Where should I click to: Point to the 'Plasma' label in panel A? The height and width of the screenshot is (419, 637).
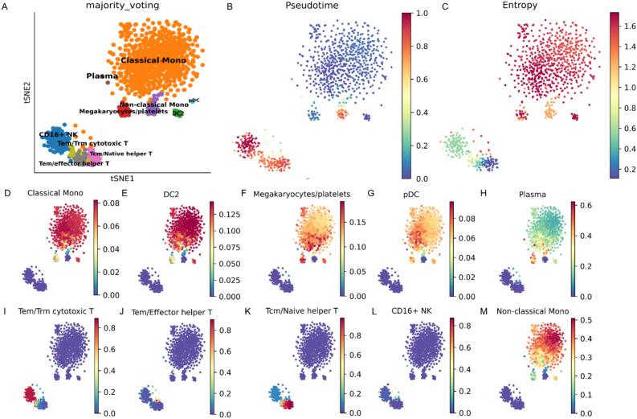[x=101, y=76]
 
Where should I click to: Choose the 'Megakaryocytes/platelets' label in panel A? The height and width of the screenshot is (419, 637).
[x=123, y=111]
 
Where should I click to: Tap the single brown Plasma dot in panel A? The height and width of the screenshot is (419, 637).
[x=108, y=82]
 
